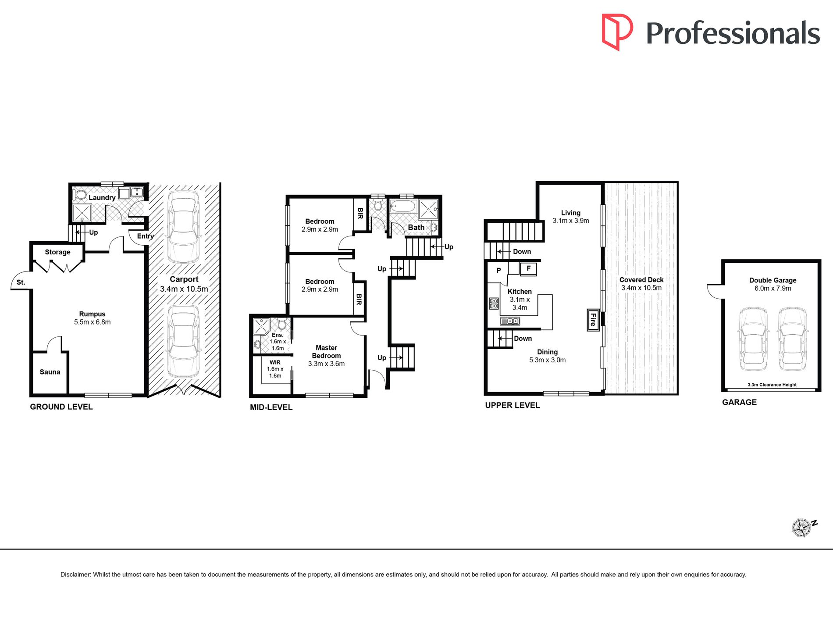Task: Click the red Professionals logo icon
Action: pyautogui.click(x=617, y=32)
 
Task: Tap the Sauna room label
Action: pyautogui.click(x=50, y=372)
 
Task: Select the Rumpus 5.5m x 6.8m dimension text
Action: pyautogui.click(x=93, y=322)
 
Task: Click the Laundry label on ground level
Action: pyautogui.click(x=102, y=198)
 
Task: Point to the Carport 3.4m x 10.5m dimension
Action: pyautogui.click(x=184, y=289)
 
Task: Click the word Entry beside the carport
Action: pyautogui.click(x=146, y=236)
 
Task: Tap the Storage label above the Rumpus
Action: pyautogui.click(x=57, y=252)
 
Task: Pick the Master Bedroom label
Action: pyautogui.click(x=326, y=352)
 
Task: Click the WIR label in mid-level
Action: pyautogui.click(x=275, y=362)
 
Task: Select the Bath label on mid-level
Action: pyautogui.click(x=416, y=227)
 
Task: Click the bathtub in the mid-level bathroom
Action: pyautogui.click(x=402, y=206)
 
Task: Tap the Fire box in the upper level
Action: pyautogui.click(x=593, y=319)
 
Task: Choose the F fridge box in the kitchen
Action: pyautogui.click(x=528, y=268)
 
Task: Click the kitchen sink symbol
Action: pyautogui.click(x=510, y=321)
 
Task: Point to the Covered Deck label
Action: pyautogui.click(x=641, y=280)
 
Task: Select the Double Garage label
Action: pyautogui.click(x=773, y=280)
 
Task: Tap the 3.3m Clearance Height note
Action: pyautogui.click(x=772, y=385)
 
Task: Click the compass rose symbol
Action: pyautogui.click(x=802, y=528)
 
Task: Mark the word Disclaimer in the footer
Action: pyautogui.click(x=75, y=575)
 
